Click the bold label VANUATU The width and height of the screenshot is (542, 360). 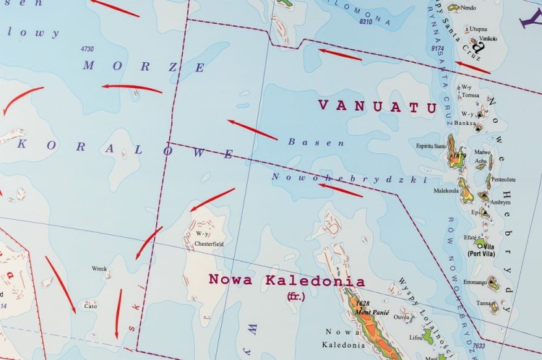[x=377, y=106]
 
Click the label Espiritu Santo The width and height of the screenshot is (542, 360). [x=426, y=145]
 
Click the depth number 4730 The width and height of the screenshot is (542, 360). [x=87, y=48]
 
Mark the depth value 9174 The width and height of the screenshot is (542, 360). [x=436, y=48]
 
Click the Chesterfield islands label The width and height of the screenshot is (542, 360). [x=209, y=244]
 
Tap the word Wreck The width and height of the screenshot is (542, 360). [x=99, y=269]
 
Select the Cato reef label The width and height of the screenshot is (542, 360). [x=90, y=306]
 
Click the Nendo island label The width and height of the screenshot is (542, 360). [x=468, y=8]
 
